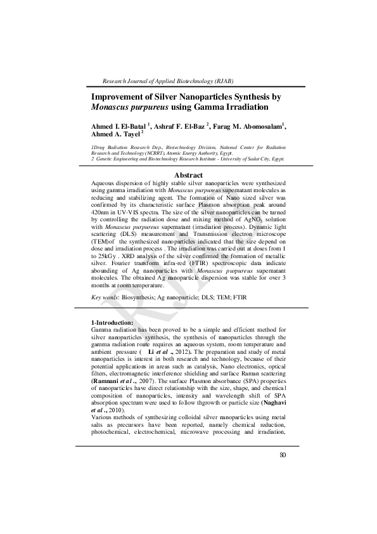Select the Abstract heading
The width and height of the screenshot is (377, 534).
pos(188,175)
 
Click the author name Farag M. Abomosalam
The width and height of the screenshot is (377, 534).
pos(250,126)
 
